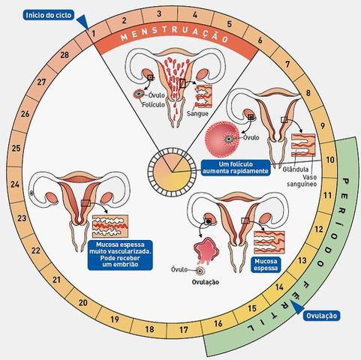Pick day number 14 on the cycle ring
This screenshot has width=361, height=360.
[278, 286]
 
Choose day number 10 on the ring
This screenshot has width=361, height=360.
[331, 160]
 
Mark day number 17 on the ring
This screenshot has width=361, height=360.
[182, 327]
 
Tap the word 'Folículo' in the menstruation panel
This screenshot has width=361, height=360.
[153, 106]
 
